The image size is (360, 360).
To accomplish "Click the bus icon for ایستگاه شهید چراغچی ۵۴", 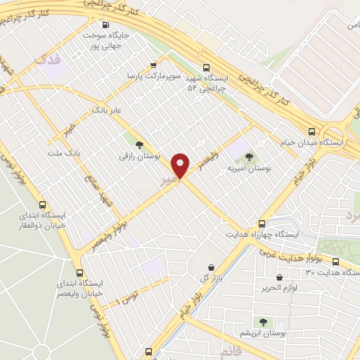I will tap(206, 68).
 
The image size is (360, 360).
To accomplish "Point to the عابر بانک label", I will tap(108, 110).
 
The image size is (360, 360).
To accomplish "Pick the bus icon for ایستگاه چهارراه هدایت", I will tap(262, 221).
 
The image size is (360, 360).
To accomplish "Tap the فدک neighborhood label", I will tap(49, 60).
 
